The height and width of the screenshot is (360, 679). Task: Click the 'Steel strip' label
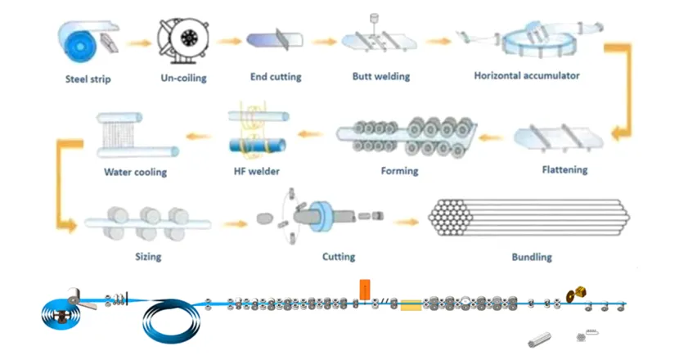[88, 79]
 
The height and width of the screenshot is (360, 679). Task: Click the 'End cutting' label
[276, 77]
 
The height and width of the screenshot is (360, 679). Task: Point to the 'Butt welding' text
[380, 77]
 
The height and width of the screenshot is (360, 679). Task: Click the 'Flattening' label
[564, 170]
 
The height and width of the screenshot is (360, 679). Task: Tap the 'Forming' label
[399, 171]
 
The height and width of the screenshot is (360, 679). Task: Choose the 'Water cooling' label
[135, 172]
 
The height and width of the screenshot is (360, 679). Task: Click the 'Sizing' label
[147, 257]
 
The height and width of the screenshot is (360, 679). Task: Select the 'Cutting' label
[338, 257]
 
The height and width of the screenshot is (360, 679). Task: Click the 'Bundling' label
[532, 257]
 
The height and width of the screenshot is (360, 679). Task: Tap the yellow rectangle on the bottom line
[411, 304]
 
